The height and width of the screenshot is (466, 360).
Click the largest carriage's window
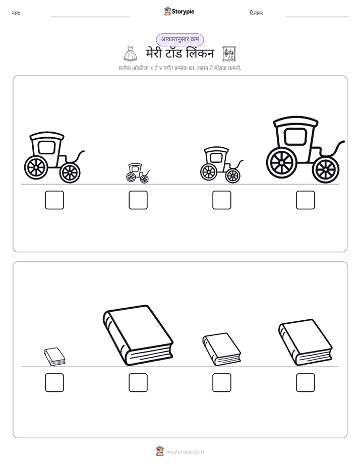(295, 137)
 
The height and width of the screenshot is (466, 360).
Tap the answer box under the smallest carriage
(138, 200)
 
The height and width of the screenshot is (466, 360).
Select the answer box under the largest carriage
(306, 200)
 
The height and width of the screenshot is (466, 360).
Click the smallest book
(54, 357)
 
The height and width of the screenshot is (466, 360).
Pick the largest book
(138, 335)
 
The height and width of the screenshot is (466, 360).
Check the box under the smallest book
(54, 382)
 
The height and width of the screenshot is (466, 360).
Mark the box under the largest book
(138, 382)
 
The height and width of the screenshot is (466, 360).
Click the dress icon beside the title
(130, 54)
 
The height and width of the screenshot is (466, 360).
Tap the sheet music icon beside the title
(229, 54)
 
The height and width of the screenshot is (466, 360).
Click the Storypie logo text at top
(183, 12)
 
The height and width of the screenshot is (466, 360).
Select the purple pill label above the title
(180, 39)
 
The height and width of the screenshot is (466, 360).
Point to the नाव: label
(16, 13)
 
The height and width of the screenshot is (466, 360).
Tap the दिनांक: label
(257, 13)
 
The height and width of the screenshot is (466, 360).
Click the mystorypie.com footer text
(185, 452)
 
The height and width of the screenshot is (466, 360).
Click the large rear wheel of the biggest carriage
(281, 163)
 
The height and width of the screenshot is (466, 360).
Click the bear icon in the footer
(160, 451)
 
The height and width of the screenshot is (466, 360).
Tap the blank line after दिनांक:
(317, 17)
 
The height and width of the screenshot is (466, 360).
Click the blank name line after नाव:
(90, 17)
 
